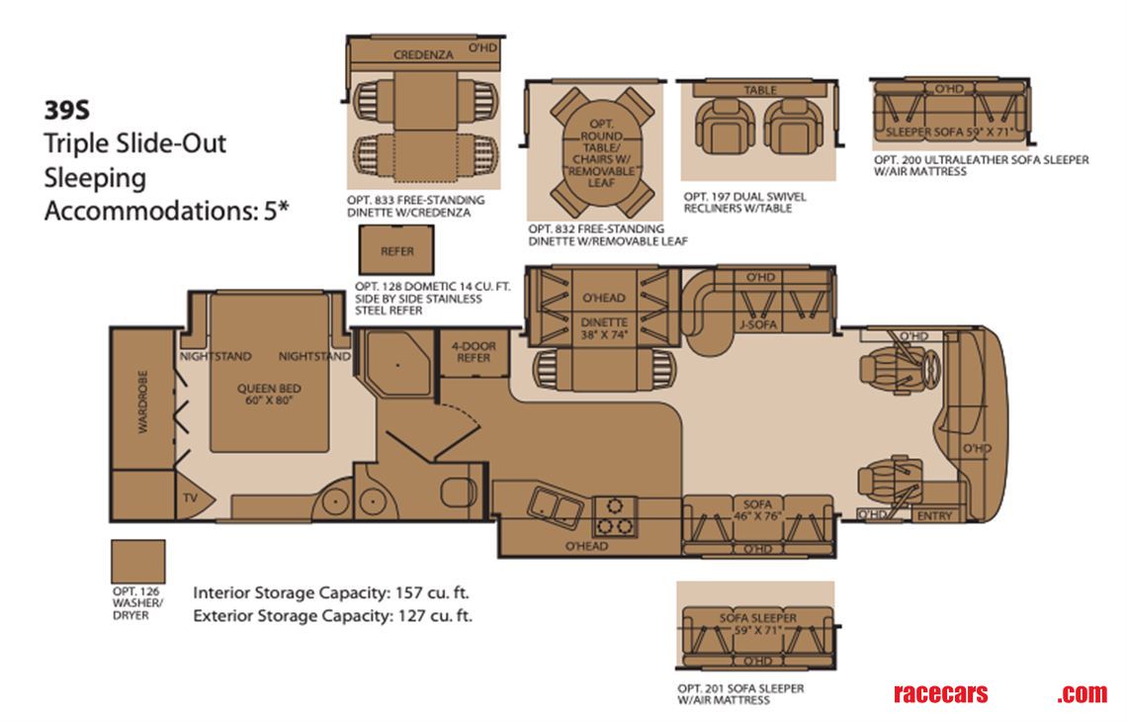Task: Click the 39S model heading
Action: pyautogui.click(x=70, y=110)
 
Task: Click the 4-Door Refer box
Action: pyautogui.click(x=472, y=353)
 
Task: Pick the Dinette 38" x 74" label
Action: pyautogui.click(x=604, y=327)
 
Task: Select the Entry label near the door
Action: pyautogui.click(x=934, y=515)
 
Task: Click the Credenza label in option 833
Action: pyautogui.click(x=423, y=55)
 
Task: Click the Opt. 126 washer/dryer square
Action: pyautogui.click(x=137, y=563)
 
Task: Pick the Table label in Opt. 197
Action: pyautogui.click(x=760, y=90)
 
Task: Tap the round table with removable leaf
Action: pyautogui.click(x=602, y=147)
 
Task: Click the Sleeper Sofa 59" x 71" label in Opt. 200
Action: pyautogui.click(x=950, y=130)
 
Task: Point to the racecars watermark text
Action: pyautogui.click(x=939, y=693)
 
